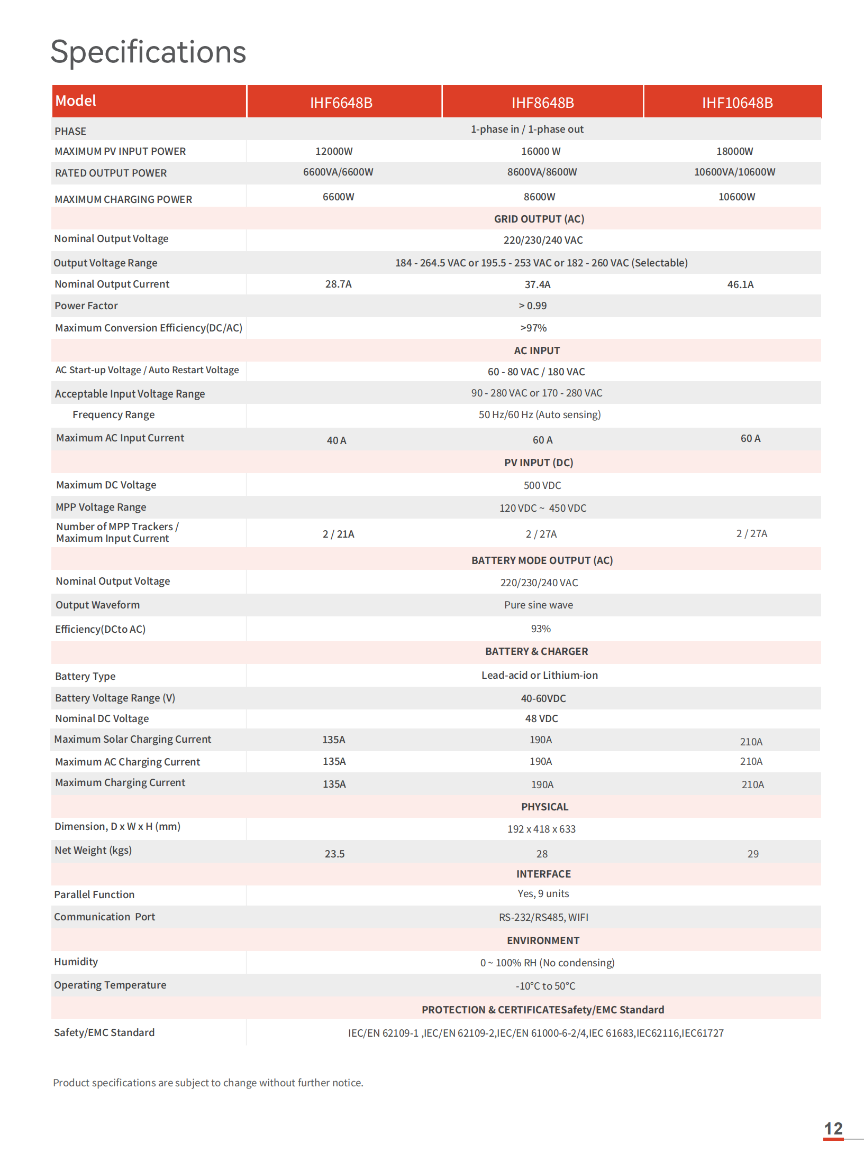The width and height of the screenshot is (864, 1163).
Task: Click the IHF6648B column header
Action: [341, 103]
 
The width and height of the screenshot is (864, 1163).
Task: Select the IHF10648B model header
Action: [737, 103]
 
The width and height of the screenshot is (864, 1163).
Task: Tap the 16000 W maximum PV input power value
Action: [541, 151]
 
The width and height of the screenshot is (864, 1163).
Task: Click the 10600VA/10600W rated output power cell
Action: [734, 172]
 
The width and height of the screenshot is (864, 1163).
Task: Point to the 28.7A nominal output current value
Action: [338, 284]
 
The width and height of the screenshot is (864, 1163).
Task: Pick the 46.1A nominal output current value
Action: [740, 284]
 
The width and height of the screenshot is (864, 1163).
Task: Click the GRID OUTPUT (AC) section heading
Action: [539, 219]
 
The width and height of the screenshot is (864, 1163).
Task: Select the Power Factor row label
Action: [86, 306]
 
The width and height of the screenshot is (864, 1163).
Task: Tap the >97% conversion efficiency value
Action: [533, 328]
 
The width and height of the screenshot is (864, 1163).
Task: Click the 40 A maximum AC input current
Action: [336, 440]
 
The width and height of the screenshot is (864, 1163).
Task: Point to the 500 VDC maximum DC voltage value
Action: [542, 485]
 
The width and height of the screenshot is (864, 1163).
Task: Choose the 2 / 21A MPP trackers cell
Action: [339, 534]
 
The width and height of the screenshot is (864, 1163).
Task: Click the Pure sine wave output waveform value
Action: [539, 605]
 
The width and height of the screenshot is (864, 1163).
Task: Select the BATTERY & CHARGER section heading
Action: [536, 651]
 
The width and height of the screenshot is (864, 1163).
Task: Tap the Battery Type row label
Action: [85, 676]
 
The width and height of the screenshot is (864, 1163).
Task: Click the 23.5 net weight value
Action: [334, 854]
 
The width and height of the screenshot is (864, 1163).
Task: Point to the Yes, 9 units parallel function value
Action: [543, 893]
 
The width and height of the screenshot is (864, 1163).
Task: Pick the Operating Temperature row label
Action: [110, 985]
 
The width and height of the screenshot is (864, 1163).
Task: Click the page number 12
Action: [833, 1129]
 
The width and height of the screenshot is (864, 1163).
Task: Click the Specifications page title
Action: [148, 52]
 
